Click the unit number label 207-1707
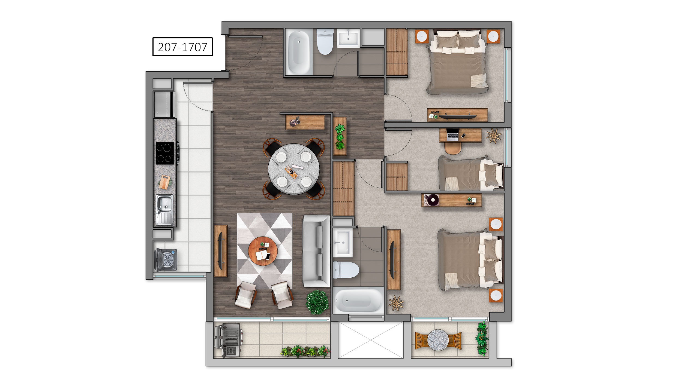(x=182, y=47)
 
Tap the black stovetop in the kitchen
(x=165, y=153)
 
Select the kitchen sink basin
(x=164, y=204)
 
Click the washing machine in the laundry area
(x=166, y=260)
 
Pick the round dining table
(x=294, y=169)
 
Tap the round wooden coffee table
(x=263, y=251)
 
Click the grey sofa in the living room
(x=316, y=251)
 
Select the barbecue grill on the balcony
(x=228, y=340)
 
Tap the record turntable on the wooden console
(x=431, y=200)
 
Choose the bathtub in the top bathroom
(x=299, y=53)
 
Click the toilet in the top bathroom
(x=325, y=41)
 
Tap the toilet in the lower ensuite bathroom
(x=346, y=270)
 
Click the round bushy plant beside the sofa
(x=317, y=302)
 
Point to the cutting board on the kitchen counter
(x=164, y=182)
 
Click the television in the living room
(x=220, y=251)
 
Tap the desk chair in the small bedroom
(x=453, y=148)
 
